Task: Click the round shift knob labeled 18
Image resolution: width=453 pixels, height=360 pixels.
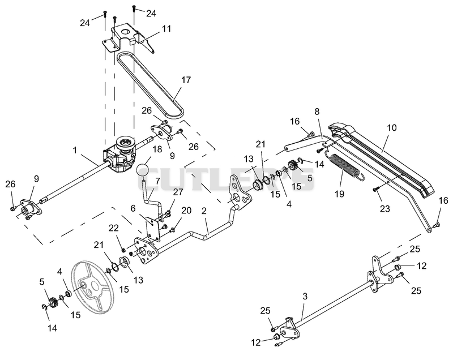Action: click(x=144, y=171)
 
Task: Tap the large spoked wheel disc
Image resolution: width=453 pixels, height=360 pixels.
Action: click(x=93, y=288)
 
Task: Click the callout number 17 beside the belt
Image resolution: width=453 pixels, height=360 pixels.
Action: click(x=186, y=80)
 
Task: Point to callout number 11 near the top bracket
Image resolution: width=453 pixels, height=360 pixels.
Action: click(x=166, y=28)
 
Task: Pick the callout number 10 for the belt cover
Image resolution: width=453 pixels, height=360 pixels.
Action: click(x=392, y=127)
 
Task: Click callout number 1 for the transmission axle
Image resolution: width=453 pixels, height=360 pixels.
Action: click(x=75, y=150)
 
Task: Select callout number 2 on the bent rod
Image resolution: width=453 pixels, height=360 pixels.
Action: click(x=204, y=211)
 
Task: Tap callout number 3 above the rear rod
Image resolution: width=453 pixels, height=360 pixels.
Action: click(x=305, y=296)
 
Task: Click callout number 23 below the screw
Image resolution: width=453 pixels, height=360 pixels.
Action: click(x=385, y=208)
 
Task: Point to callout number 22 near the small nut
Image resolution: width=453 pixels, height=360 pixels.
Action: click(x=114, y=228)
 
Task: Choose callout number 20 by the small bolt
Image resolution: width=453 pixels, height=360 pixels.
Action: click(x=186, y=211)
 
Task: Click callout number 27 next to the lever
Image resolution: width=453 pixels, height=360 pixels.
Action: click(x=178, y=192)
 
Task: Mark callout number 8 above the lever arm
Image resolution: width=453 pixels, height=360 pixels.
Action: click(x=317, y=112)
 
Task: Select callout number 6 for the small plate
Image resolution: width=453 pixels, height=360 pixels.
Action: click(x=133, y=208)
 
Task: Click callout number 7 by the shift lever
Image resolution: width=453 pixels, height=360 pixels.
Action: click(x=157, y=181)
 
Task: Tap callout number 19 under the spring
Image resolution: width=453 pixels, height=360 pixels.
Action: click(x=339, y=194)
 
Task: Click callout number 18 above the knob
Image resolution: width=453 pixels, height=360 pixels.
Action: click(x=157, y=149)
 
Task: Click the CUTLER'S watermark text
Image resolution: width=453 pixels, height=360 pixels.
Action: click(x=227, y=179)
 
